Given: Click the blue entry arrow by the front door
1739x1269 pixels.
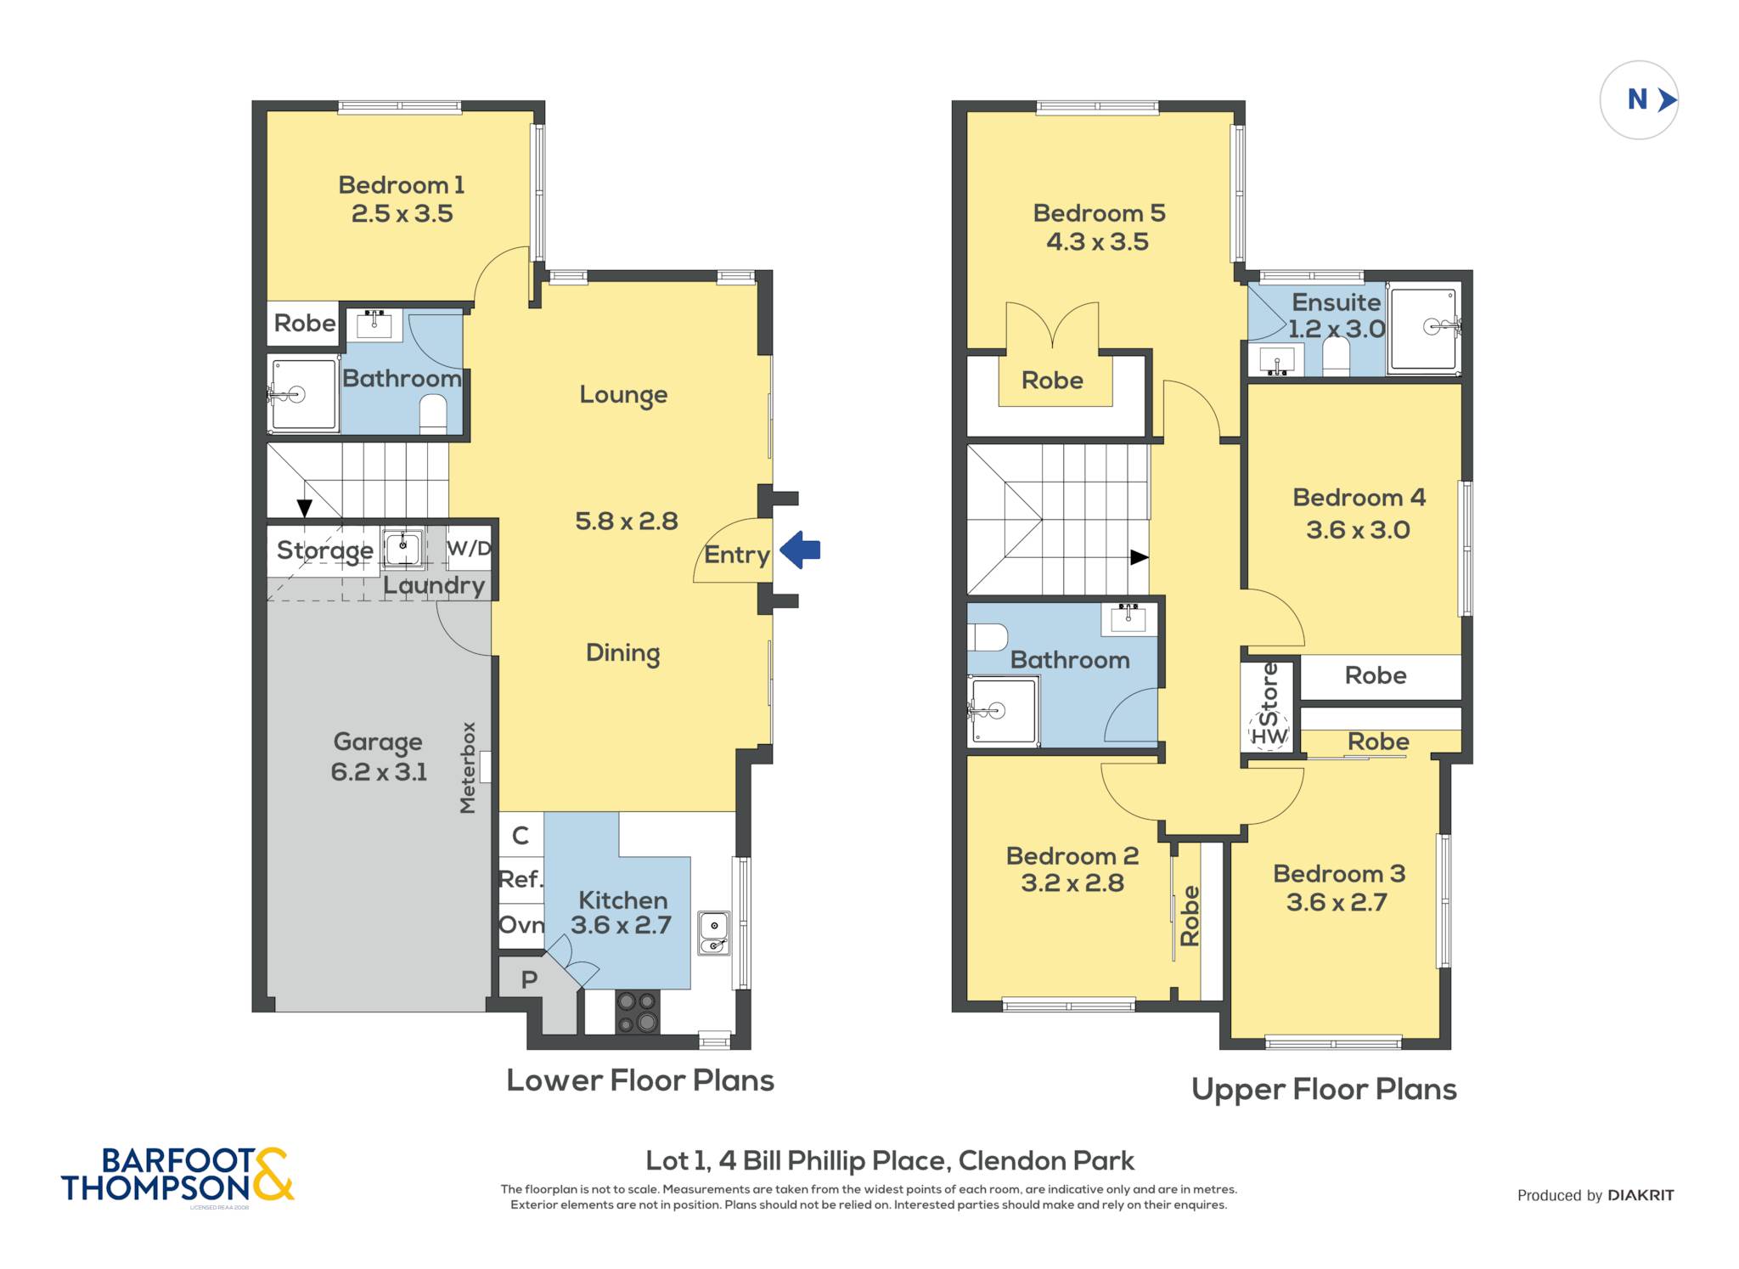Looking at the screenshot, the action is pos(800,550).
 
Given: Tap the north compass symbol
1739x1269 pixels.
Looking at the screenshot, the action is pos(1639,100).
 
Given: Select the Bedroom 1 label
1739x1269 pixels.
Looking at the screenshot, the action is pos(402,184).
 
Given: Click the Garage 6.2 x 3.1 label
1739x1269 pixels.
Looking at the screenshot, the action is pos(379,757).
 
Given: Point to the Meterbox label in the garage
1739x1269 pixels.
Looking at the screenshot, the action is pos(467,768).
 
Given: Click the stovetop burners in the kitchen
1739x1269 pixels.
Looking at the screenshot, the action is pos(637,1012).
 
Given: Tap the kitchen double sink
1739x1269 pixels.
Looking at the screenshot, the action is pos(714,933).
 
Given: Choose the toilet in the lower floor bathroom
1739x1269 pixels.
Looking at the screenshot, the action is pos(433,414).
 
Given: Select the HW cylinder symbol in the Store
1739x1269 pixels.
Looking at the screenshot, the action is pos(1269,733).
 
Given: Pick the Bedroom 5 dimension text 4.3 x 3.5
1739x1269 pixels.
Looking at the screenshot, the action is pos(1097,242).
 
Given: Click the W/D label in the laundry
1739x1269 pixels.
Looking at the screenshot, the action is pos(469,548).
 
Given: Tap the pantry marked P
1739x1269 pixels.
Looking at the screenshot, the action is pos(529,980).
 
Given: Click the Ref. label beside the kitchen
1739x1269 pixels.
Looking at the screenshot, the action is pos(521,879).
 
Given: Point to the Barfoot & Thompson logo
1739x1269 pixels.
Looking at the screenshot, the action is pos(177,1175).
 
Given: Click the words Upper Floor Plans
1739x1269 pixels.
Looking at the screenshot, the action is pos(1324,1090).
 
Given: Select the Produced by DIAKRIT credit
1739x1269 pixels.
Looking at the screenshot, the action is pos(1595,1195).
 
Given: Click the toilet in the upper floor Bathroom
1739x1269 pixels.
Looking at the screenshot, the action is pos(988,637).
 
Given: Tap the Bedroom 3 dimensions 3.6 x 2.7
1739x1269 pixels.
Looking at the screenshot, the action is pos(1337,902).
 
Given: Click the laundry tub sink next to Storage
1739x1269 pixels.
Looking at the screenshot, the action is pos(402,548).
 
